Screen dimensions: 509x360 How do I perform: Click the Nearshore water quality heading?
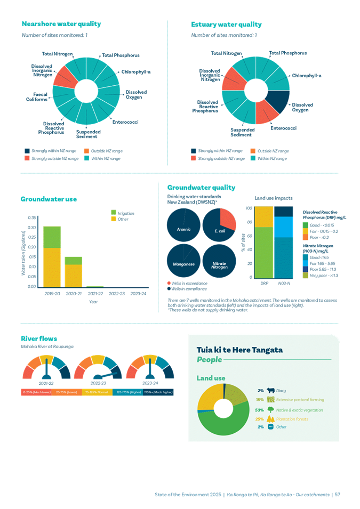(61, 24)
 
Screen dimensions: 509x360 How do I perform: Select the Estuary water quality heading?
(226, 25)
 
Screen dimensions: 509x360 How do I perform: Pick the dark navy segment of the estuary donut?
(278, 101)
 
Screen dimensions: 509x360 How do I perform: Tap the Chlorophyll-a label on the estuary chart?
(306, 76)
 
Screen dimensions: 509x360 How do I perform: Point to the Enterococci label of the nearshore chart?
(126, 122)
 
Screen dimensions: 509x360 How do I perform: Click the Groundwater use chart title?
(49, 199)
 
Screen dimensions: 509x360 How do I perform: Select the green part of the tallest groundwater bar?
(52, 237)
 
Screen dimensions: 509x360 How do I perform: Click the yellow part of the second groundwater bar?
(74, 275)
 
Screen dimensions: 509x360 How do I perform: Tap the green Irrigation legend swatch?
(113, 213)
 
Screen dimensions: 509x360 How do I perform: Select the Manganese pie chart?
(184, 262)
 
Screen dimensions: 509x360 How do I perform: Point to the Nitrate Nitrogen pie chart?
(220, 262)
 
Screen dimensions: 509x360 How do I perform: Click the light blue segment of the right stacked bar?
(284, 227)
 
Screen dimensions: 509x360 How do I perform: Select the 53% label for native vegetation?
(260, 410)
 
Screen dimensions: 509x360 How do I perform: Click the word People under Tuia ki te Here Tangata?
(210, 360)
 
